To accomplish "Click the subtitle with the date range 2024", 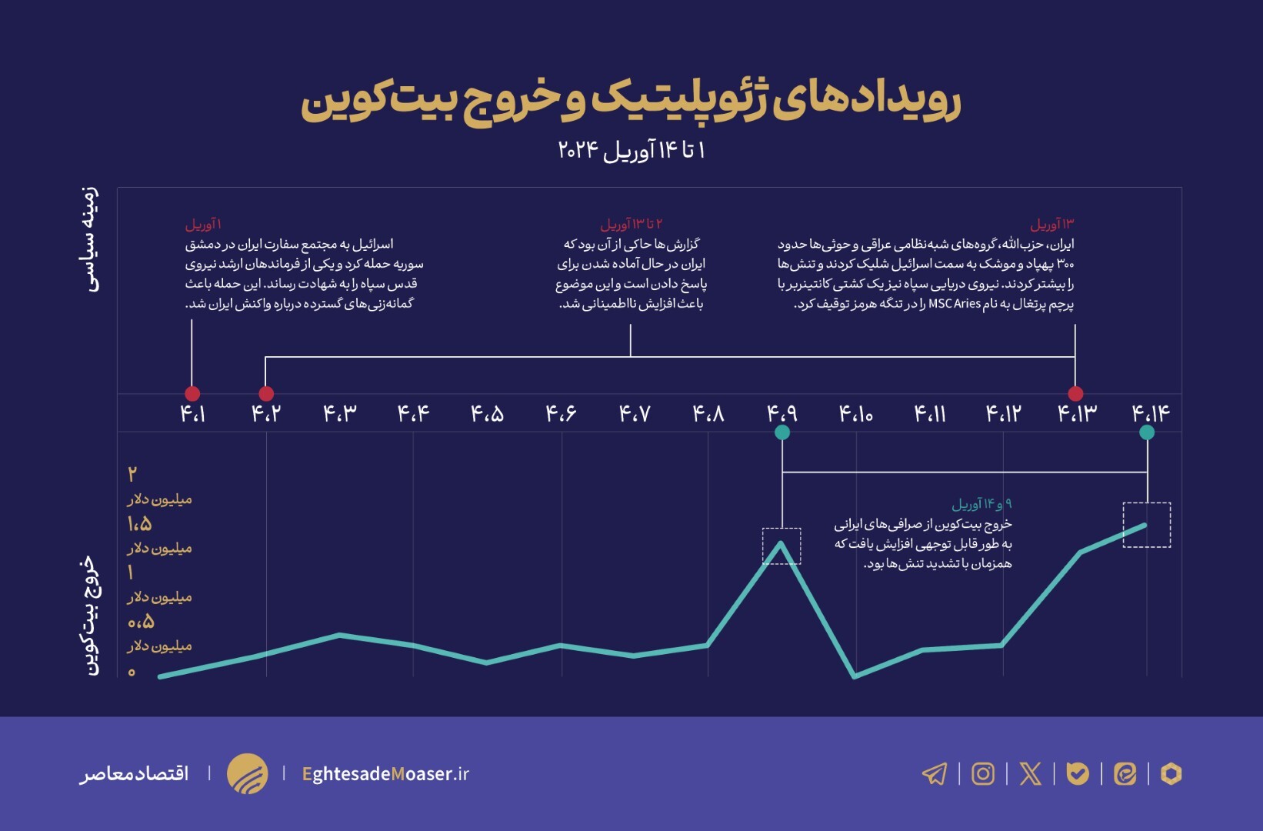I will pos(631,149).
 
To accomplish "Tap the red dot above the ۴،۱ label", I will pos(192,393).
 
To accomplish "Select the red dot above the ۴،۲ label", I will pos(266,393).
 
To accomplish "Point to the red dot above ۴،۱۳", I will pos(1075,393).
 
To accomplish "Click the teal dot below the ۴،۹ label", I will pos(782,432).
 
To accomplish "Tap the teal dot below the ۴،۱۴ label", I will pos(1147,432).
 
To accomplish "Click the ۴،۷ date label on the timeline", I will pos(635,414).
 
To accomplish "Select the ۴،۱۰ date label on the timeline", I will pos(855,414).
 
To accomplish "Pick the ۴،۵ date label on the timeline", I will pos(487,414).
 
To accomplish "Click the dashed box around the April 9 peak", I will pos(781,546).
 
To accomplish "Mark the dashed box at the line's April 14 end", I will pos(1147,525).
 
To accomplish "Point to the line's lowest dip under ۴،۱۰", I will pos(855,676).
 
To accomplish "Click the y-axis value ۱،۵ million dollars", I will pos(139,524).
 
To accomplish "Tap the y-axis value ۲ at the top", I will pos(132,474).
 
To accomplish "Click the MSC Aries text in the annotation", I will pos(954,304).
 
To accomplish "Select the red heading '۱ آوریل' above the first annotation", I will pos(203,224).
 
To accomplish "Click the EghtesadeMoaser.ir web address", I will pos(385,773).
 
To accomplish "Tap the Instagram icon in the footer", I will pos(983,773).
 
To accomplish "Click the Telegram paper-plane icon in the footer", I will pos(935,773).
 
